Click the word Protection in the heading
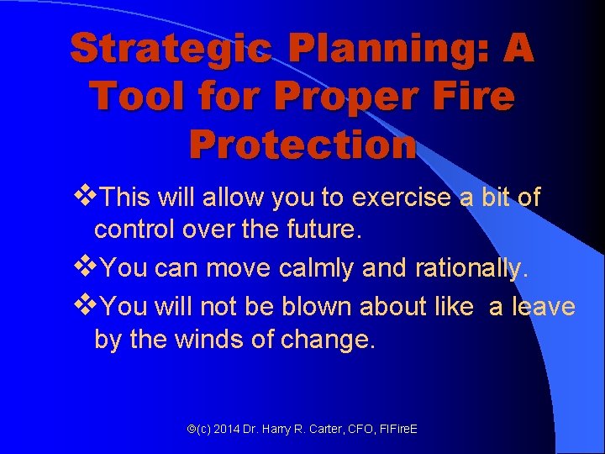point(302,145)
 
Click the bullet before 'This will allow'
point(85,198)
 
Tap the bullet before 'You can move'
point(85,268)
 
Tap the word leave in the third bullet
point(543,307)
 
